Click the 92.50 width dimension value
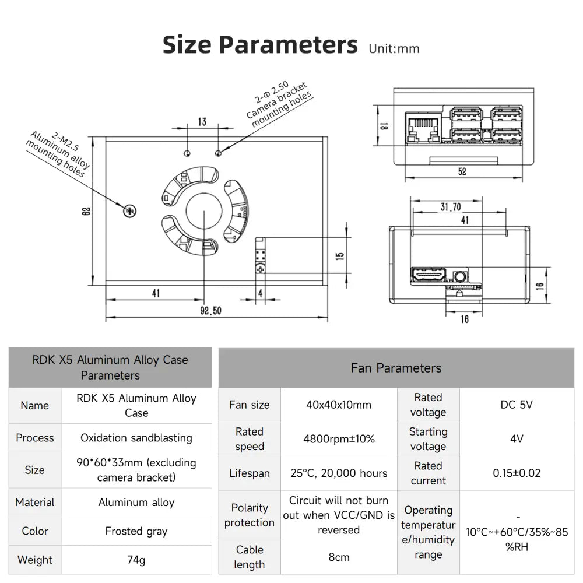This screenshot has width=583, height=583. [x=211, y=311]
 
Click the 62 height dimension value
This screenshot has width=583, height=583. [x=87, y=210]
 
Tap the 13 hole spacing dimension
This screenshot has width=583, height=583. [x=202, y=122]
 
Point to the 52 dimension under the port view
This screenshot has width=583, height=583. [x=462, y=172]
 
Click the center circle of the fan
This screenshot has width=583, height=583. [x=205, y=212]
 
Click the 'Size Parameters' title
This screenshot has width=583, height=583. [x=260, y=45]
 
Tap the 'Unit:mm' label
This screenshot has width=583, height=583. [x=394, y=48]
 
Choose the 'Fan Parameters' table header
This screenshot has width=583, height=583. [x=396, y=368]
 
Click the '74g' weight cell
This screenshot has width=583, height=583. [x=136, y=560]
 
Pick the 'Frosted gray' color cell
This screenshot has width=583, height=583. [x=136, y=531]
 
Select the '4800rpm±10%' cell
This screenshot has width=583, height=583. [x=339, y=439]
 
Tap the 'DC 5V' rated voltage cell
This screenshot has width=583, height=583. [x=517, y=405]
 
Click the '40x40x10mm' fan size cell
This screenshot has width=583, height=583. [x=339, y=405]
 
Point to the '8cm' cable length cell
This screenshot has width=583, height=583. [x=339, y=557]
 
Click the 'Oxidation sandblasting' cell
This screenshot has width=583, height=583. [x=136, y=438]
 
